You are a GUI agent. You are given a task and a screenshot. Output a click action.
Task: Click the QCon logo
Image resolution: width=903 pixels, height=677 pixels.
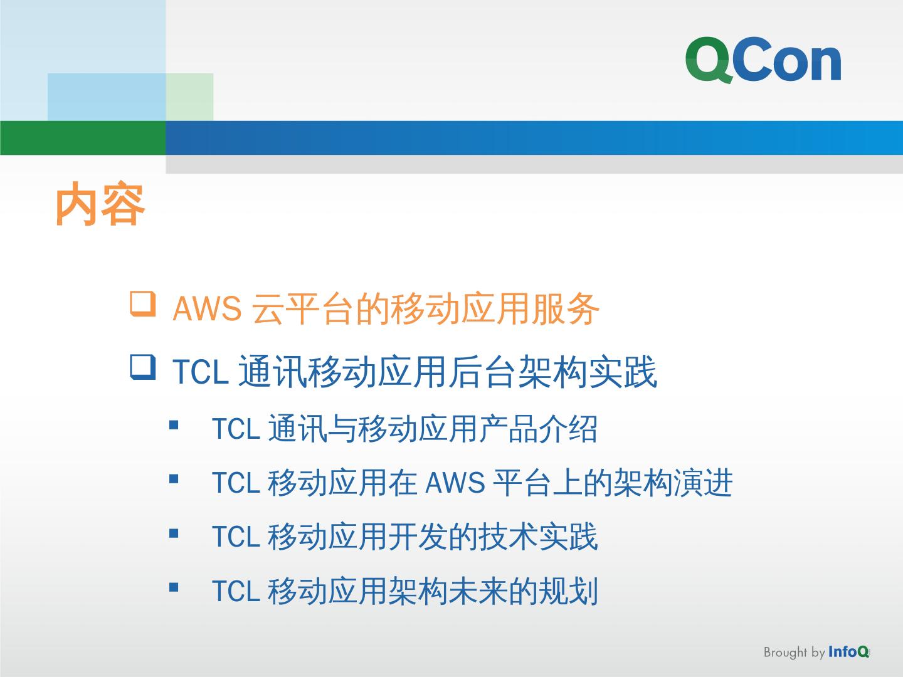763,60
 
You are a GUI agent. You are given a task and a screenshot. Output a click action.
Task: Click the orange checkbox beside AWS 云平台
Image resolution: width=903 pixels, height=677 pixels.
143,304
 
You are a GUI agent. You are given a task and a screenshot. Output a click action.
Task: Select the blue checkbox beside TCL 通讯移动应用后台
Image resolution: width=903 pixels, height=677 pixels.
143,367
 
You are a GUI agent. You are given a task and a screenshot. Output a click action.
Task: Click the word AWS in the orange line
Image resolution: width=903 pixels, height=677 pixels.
207,308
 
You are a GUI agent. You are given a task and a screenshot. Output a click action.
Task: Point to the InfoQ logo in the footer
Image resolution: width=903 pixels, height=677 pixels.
848,652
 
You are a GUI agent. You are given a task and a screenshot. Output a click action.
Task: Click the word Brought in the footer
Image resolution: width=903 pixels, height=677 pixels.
785,653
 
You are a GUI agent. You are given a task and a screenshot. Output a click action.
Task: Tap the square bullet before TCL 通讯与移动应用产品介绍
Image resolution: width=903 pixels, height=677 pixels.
174,424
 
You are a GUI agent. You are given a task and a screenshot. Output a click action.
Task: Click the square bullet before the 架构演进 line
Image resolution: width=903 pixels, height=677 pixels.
174,479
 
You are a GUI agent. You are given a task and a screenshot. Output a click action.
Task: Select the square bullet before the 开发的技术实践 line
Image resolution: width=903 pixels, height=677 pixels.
174,533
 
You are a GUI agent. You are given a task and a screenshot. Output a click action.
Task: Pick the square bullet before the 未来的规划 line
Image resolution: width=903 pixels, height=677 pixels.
174,587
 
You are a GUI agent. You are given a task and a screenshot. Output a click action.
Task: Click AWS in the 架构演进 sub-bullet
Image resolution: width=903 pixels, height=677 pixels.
455,483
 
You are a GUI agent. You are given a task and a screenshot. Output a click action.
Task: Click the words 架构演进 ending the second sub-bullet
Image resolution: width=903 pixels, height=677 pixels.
673,483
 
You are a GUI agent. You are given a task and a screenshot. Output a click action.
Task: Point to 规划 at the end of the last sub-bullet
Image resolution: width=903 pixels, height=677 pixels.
569,591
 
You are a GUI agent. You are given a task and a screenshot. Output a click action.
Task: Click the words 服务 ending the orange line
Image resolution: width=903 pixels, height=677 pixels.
565,308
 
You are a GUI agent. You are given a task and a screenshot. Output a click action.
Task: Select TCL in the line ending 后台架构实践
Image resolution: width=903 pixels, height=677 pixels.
201,372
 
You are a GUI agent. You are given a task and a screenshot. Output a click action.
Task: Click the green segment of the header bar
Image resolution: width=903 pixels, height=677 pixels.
83,138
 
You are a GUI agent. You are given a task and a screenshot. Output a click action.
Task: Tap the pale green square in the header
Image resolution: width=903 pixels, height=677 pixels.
189,97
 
